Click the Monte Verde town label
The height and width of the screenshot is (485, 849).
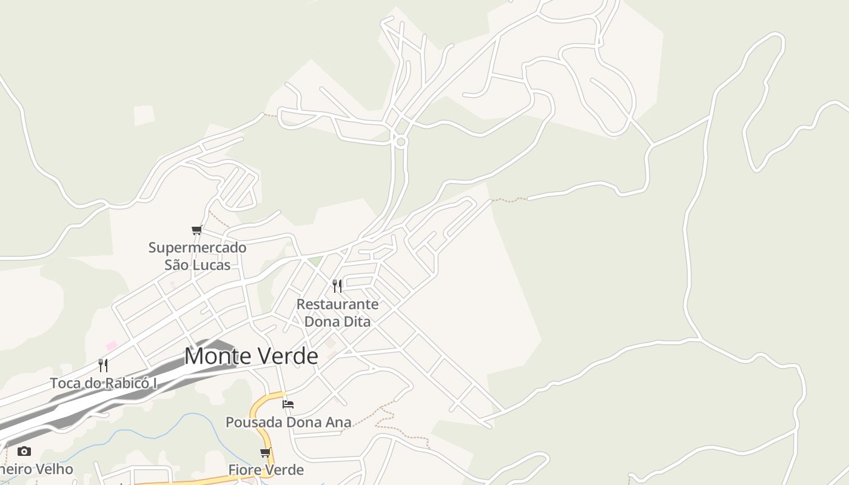tap(251, 356)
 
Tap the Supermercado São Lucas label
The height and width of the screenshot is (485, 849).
tap(198, 256)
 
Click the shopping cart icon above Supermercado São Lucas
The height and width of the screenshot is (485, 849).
tap(196, 230)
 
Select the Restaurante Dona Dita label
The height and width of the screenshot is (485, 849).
tap(337, 312)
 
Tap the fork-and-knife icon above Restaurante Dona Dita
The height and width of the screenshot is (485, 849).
tap(337, 286)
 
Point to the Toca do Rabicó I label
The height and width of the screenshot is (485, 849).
tap(103, 383)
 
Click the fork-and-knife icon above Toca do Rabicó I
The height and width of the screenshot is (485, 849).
tap(103, 366)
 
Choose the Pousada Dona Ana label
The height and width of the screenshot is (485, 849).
tap(288, 422)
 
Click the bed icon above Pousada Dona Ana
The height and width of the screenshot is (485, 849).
tap(288, 404)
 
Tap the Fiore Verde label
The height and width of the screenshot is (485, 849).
tap(266, 470)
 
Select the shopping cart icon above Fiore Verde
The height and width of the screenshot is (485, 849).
tap(265, 453)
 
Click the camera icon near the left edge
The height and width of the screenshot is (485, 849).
tap(24, 451)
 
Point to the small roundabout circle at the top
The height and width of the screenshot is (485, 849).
tap(400, 141)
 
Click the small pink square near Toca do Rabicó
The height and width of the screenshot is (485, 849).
tap(111, 346)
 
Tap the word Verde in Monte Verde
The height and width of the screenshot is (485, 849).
tap(287, 356)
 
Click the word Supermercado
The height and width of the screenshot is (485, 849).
tap(198, 247)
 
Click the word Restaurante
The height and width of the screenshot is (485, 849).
tap(337, 304)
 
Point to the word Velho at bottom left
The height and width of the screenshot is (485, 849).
tap(55, 469)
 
